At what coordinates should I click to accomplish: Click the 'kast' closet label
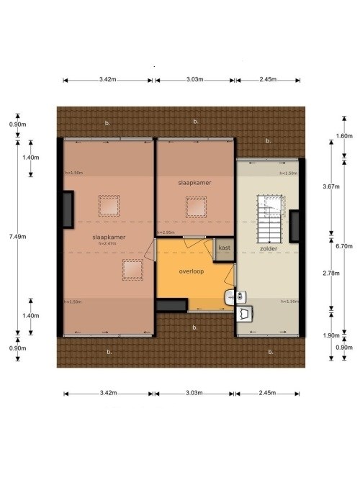[x=224, y=248]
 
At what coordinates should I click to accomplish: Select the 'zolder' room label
[x=269, y=249]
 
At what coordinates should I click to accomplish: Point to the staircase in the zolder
[x=272, y=217]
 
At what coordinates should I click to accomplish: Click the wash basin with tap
[x=231, y=294]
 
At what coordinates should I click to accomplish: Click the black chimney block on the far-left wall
[x=67, y=209]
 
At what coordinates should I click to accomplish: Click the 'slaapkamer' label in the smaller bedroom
[x=195, y=184]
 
